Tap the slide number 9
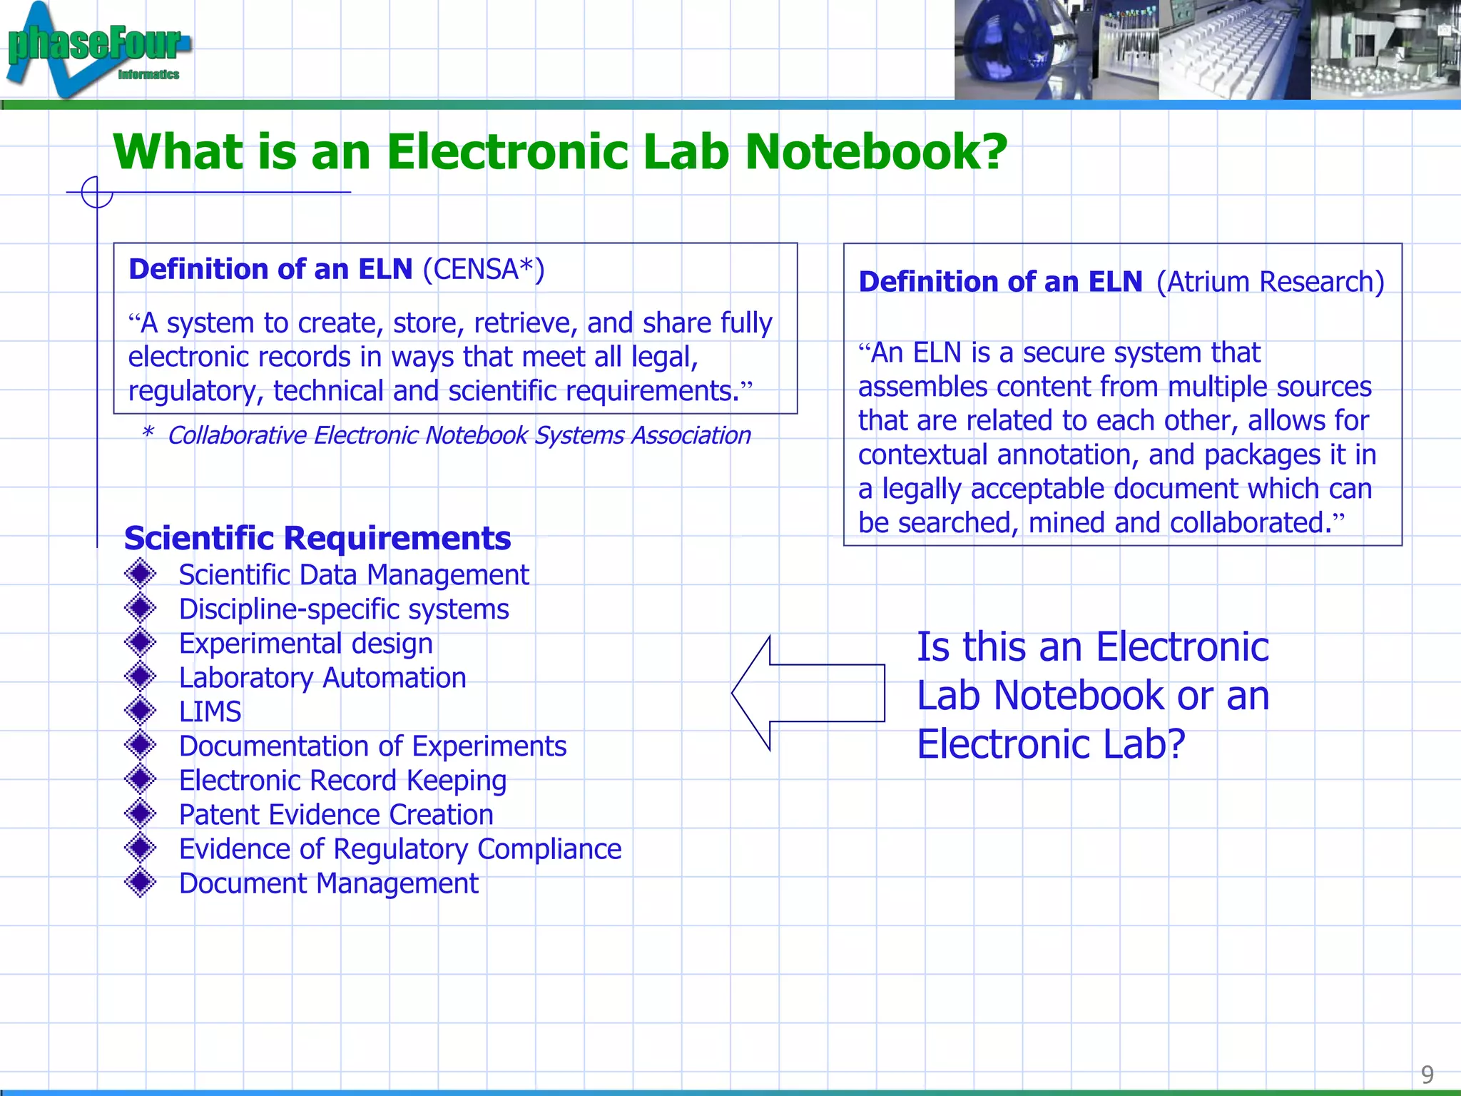pos(1427,1074)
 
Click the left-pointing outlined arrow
pos(808,693)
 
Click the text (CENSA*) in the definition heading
pos(484,270)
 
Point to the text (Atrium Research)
pos(1270,282)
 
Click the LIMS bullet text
pos(210,712)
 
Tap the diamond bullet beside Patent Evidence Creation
pos(140,813)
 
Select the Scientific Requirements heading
pos(317,538)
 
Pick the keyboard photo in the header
pos(1234,50)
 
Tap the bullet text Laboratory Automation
pos(322,678)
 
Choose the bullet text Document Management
pos(328,883)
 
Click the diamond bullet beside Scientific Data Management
pos(140,574)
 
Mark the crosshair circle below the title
pos(97,192)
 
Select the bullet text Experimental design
pos(305,644)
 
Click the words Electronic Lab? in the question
pos(1051,744)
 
